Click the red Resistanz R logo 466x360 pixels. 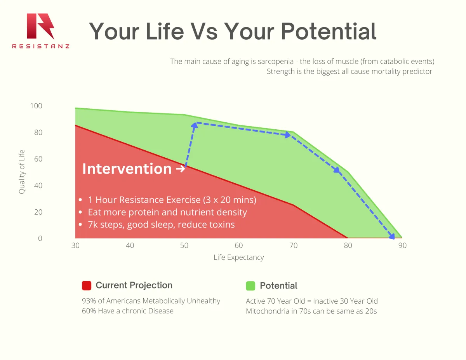[x=40, y=26]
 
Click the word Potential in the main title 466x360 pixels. [x=329, y=31]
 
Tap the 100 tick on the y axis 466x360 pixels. [x=36, y=106]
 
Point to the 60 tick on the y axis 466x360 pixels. [x=38, y=159]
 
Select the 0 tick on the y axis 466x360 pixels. [x=40, y=238]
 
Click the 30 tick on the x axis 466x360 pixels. [x=75, y=245]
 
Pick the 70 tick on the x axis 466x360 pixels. [x=293, y=245]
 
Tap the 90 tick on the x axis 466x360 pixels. [x=402, y=245]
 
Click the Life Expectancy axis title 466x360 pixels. [x=239, y=257]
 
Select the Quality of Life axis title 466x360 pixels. [x=22, y=172]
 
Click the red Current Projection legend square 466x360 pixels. [x=87, y=285]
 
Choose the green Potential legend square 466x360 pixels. [x=250, y=286]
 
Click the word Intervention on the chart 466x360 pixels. [x=127, y=169]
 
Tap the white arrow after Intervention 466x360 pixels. [x=180, y=169]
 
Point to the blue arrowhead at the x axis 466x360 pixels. [x=392, y=237]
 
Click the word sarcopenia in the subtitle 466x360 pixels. [x=276, y=61]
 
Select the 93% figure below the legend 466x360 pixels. [x=89, y=301]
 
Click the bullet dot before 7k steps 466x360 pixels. [x=80, y=224]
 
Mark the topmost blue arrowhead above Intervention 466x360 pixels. [x=195, y=125]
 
